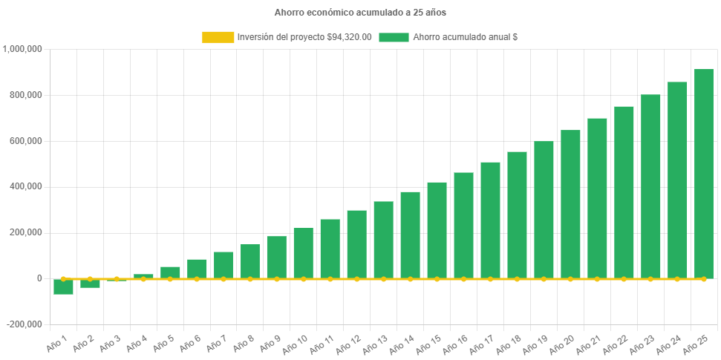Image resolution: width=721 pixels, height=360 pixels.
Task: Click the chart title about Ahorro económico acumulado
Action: [360, 13]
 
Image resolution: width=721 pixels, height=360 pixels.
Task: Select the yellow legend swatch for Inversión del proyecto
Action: [217, 37]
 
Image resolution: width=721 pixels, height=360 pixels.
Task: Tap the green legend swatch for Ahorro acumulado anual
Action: [394, 37]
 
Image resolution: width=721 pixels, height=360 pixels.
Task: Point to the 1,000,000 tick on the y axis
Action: [23, 49]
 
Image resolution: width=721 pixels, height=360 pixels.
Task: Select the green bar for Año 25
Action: [704, 174]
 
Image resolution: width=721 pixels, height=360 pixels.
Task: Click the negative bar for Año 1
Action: [63, 287]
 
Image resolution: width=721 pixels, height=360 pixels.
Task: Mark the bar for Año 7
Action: [224, 265]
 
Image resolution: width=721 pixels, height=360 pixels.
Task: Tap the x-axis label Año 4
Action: [138, 341]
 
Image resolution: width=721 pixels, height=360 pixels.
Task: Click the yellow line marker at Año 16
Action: [463, 279]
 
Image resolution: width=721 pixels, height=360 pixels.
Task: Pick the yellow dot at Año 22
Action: [624, 279]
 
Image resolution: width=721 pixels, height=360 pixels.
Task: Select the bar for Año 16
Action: [463, 226]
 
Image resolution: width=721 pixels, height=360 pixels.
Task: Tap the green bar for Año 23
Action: [650, 186]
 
